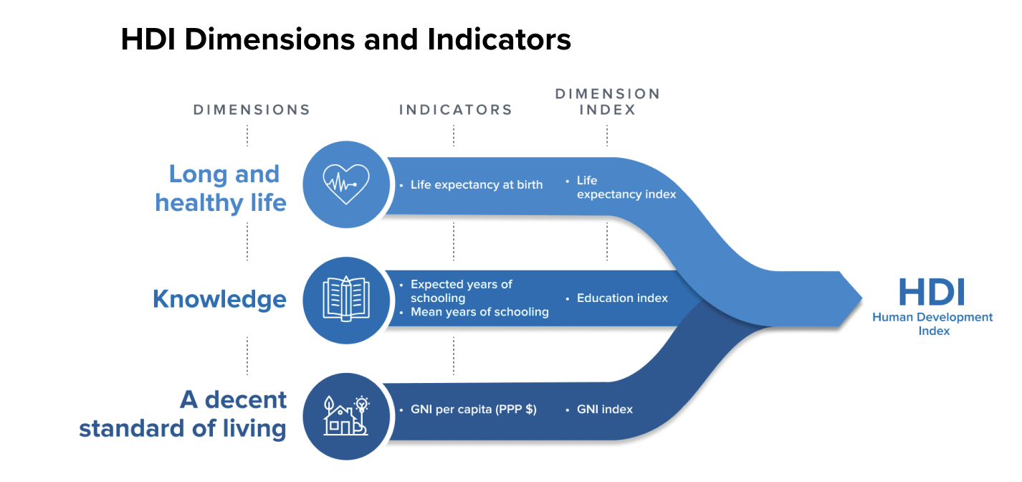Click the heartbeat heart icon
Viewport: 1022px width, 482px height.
coord(346,184)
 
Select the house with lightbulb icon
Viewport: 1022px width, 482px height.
coord(346,415)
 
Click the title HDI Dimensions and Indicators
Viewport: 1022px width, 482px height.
coord(345,39)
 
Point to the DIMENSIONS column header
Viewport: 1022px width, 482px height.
coord(252,110)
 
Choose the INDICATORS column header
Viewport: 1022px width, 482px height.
coord(456,110)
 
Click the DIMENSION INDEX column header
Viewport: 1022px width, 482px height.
coord(607,101)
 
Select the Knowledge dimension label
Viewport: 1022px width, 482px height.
coord(219,299)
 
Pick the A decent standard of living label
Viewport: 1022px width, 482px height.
coord(183,414)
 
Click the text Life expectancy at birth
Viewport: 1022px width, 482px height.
coord(476,185)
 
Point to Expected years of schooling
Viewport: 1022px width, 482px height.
coord(461,290)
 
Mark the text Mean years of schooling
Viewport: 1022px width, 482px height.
coord(479,312)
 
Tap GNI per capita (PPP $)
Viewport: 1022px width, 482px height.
coord(473,410)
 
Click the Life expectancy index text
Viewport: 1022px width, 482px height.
coord(626,187)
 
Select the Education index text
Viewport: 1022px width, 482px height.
coord(622,298)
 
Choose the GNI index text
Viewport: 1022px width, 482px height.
coord(604,410)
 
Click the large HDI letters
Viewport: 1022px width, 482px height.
coord(932,293)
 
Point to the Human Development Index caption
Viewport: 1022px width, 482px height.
coord(932,323)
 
